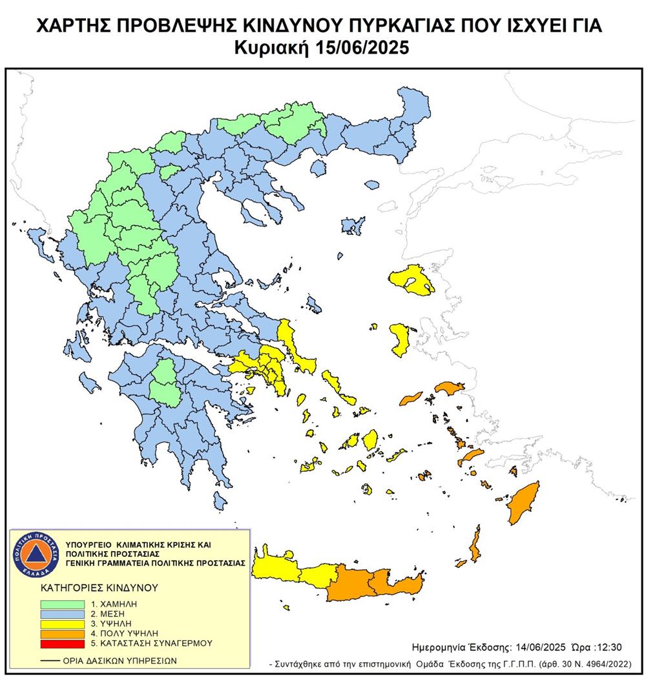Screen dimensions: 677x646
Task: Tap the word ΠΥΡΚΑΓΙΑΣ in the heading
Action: (x=380, y=26)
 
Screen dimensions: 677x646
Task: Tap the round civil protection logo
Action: (x=37, y=554)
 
